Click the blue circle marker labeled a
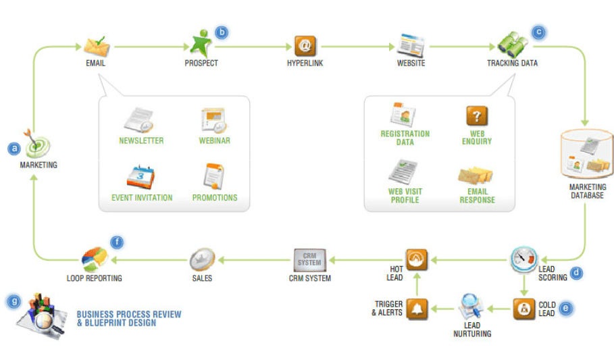click(x=13, y=147)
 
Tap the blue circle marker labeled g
click(x=13, y=301)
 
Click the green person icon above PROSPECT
click(x=201, y=43)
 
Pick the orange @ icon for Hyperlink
click(x=305, y=45)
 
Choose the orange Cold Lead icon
click(x=523, y=309)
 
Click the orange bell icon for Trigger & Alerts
click(x=417, y=308)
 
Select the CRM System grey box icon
click(x=310, y=259)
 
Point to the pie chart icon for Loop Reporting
click(x=95, y=258)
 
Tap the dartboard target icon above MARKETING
click(x=36, y=143)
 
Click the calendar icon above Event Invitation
click(x=141, y=177)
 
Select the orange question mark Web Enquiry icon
click(x=477, y=116)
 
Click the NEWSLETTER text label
click(x=141, y=141)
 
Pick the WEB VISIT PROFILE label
click(x=404, y=195)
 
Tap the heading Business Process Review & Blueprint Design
click(x=128, y=318)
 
